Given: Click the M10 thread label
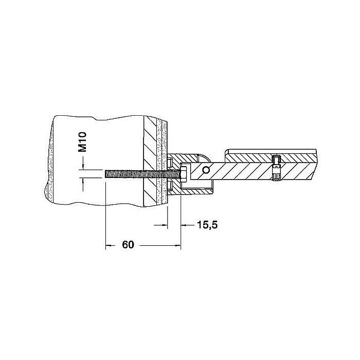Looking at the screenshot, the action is pyautogui.click(x=82, y=142).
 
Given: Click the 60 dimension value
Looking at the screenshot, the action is pyautogui.click(x=128, y=245).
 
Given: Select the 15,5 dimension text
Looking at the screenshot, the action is pyautogui.click(x=207, y=225).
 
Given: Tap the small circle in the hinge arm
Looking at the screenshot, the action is pyautogui.click(x=206, y=170).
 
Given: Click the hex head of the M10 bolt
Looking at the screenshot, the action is pyautogui.click(x=184, y=173).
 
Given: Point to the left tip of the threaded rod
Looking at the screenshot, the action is pyautogui.click(x=105, y=174).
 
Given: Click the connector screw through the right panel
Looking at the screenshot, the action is pyautogui.click(x=276, y=168).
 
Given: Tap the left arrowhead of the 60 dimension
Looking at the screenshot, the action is pyautogui.click(x=107, y=245).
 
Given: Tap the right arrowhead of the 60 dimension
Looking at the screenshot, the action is pyautogui.click(x=178, y=245).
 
